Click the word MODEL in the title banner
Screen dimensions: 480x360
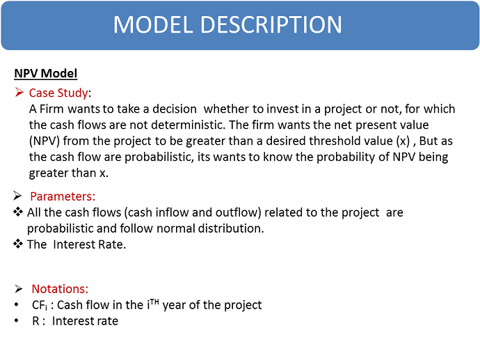[x=153, y=24]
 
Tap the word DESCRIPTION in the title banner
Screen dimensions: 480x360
[x=271, y=24]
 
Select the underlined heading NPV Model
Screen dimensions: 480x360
[x=46, y=74]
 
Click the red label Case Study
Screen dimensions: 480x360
[x=58, y=93]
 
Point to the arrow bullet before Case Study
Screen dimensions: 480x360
[x=19, y=92]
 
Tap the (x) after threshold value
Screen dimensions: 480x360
[x=403, y=141]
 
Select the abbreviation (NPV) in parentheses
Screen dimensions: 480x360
[x=45, y=141]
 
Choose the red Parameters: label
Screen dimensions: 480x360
[x=63, y=196]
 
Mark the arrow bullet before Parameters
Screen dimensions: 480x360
[x=17, y=196]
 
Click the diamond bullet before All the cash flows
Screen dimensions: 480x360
[x=18, y=212]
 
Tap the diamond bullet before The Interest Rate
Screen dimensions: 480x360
[x=18, y=244]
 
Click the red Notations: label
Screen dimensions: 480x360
[x=60, y=289]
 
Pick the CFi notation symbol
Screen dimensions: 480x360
[x=40, y=305]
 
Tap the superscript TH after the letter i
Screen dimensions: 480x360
[x=155, y=302]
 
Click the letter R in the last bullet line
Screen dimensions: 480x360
[x=35, y=321]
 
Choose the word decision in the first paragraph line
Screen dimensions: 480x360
[x=175, y=109]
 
